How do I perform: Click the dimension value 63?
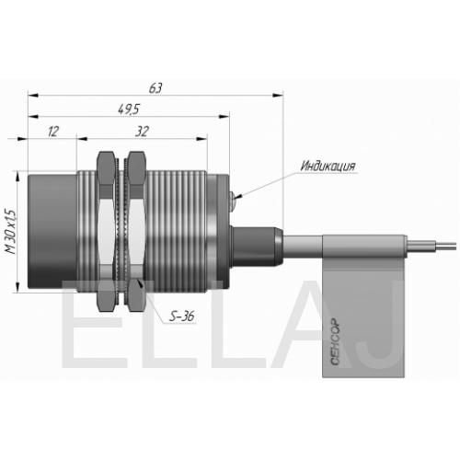[155, 88]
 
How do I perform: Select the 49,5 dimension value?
[129, 109]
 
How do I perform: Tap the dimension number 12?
[53, 132]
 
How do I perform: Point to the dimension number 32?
[142, 132]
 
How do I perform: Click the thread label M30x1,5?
[10, 232]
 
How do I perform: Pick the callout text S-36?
[182, 316]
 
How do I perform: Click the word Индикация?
[328, 166]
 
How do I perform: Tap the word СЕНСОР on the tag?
[335, 341]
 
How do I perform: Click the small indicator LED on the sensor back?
[233, 200]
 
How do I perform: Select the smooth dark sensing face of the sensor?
[52, 231]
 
